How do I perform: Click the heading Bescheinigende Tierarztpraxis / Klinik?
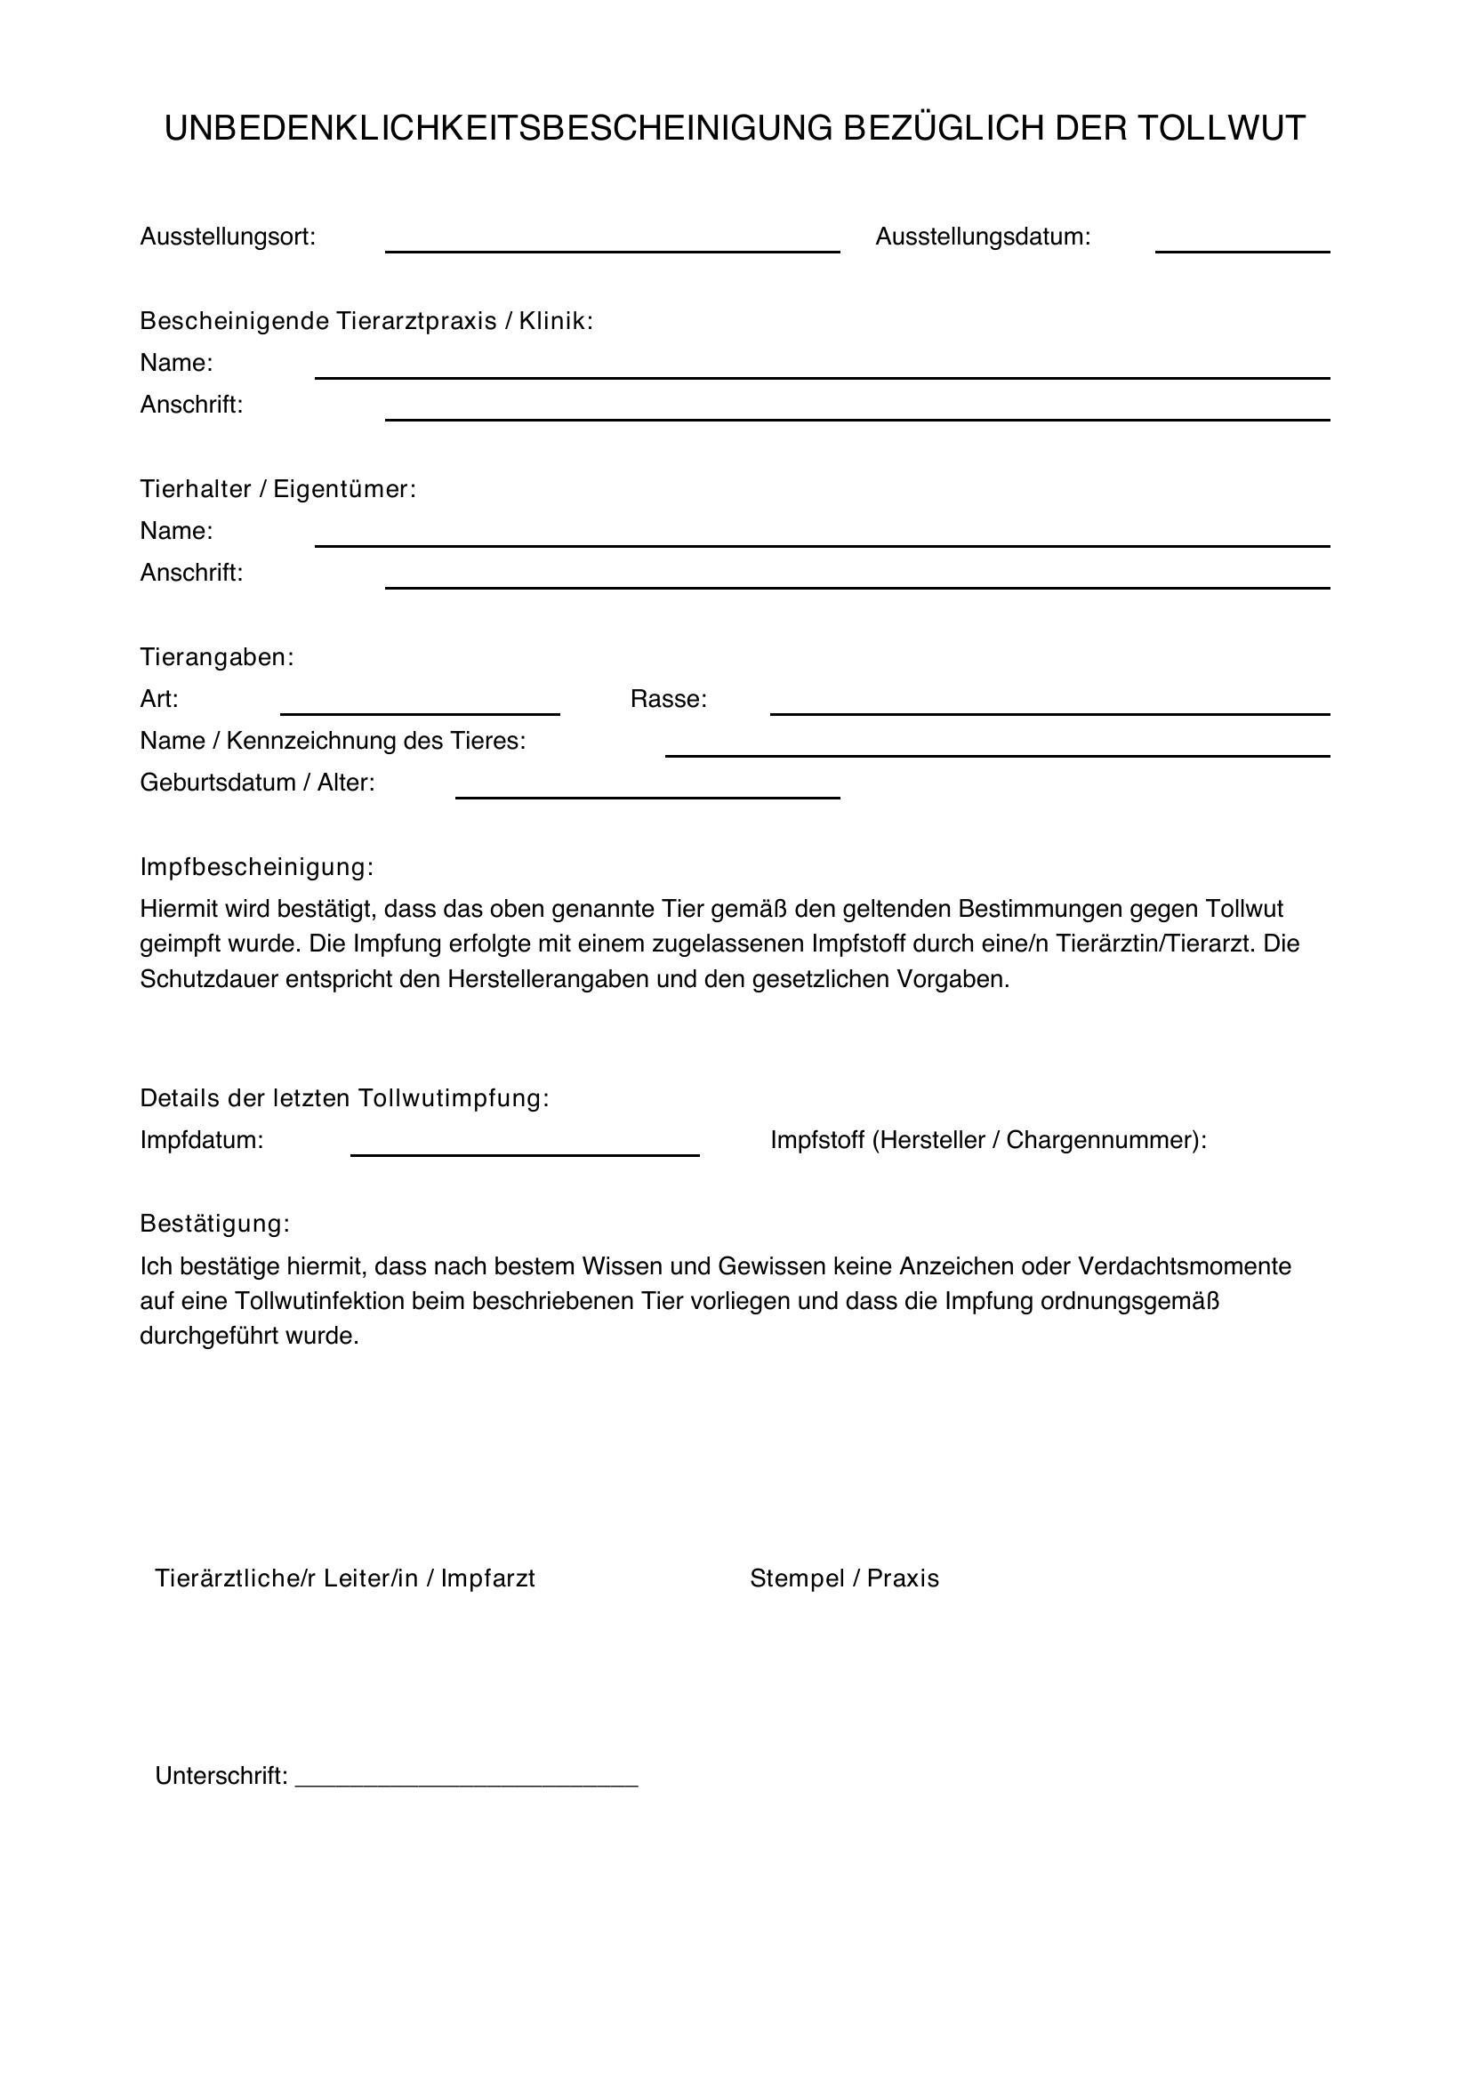pos(366,321)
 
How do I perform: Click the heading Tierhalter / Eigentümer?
pos(277,489)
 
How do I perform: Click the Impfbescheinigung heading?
pos(256,867)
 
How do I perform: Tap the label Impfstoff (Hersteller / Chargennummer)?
pos(988,1140)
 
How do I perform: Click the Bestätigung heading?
pos(214,1224)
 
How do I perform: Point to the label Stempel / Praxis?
pos(844,1579)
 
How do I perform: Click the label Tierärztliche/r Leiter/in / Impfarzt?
pos(345,1579)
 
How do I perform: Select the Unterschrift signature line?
pos(467,1779)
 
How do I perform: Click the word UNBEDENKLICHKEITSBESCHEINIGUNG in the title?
pos(497,129)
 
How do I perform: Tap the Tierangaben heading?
pos(216,657)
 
